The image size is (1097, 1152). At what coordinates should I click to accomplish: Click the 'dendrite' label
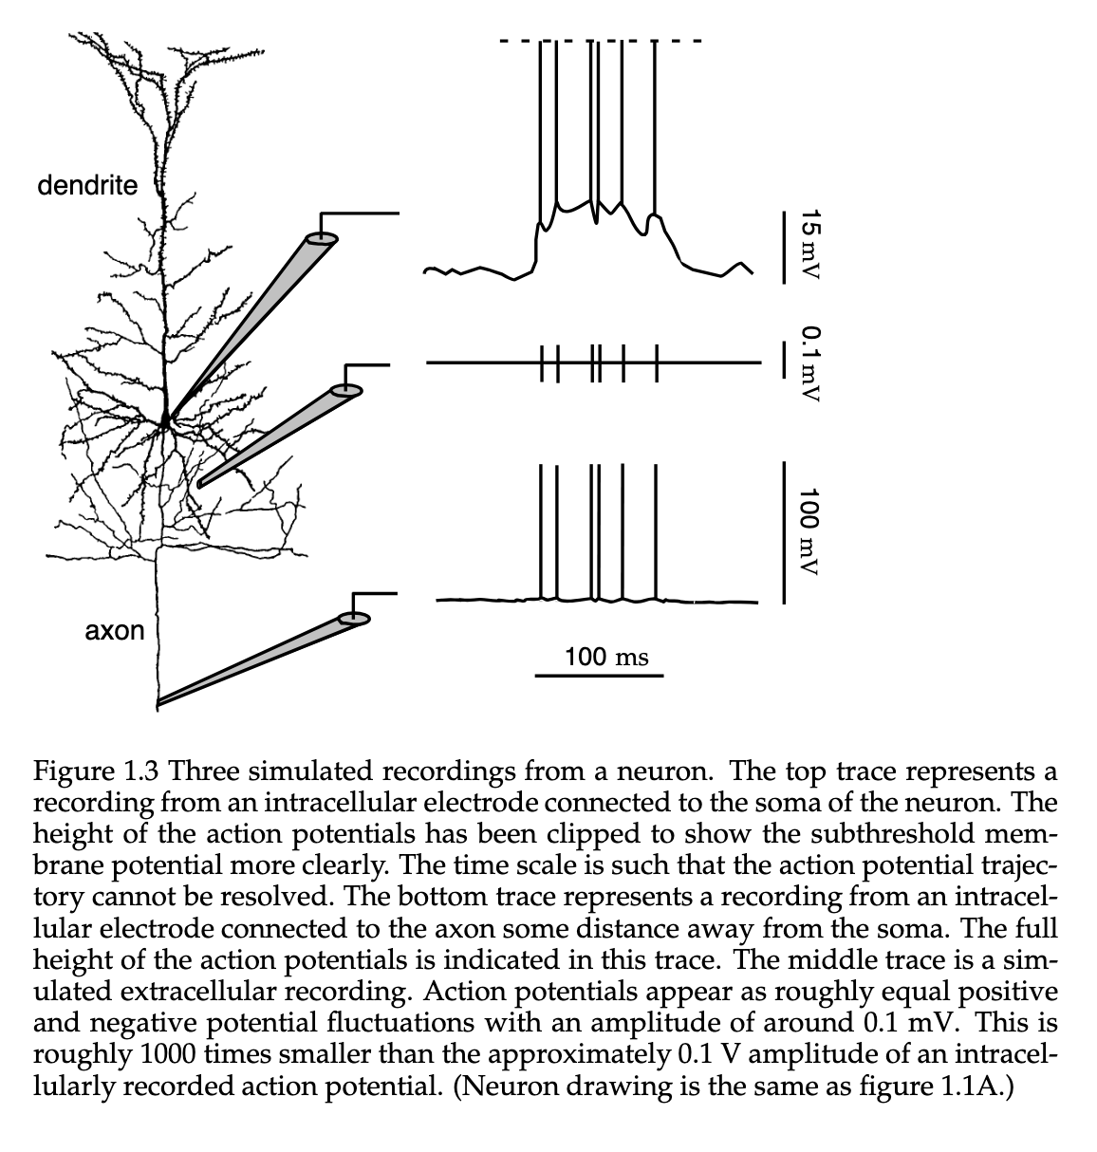87,186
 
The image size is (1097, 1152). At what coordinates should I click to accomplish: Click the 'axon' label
114,631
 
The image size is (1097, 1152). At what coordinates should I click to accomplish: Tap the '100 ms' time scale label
606,657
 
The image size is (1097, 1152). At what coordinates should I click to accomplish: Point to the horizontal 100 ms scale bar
599,676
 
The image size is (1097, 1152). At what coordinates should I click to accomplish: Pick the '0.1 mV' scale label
811,363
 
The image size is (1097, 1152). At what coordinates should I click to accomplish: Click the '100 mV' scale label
809,531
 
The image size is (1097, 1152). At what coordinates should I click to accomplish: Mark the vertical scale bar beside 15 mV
784,248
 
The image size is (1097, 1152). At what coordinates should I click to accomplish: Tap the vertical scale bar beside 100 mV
784,532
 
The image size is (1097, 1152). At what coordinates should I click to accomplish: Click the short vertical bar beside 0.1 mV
784,360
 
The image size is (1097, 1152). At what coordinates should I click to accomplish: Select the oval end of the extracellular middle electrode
346,390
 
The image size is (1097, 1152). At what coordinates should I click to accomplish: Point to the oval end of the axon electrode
354,619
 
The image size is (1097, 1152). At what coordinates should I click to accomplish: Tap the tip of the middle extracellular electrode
200,485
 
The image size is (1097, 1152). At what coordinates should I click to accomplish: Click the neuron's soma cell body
166,420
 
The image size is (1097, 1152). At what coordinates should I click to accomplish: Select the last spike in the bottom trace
656,532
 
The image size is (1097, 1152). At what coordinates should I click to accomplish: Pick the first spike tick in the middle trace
542,363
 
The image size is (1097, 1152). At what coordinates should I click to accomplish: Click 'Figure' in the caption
73,771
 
